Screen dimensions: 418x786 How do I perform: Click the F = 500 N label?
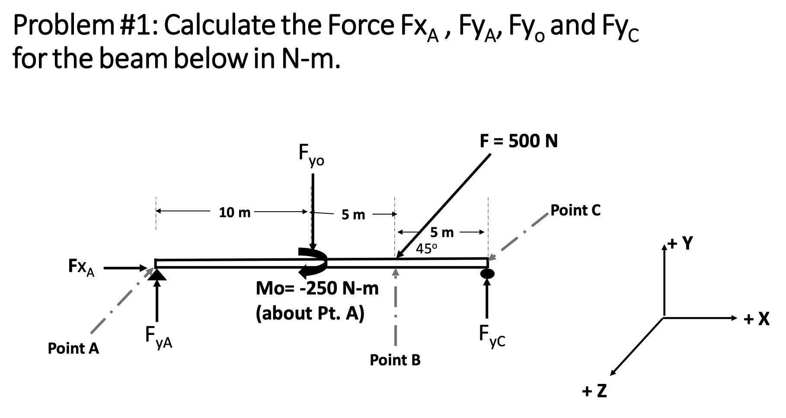518,141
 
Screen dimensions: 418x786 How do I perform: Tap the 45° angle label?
427,248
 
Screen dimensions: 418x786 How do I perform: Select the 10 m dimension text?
234,212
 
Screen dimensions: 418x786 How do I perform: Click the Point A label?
73,348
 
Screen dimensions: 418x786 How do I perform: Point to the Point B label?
395,360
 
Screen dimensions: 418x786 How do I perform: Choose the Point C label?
575,210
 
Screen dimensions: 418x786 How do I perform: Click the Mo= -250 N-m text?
317,288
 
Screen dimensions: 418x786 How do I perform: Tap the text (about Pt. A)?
310,313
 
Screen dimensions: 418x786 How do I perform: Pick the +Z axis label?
594,391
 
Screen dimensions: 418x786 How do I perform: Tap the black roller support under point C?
487,273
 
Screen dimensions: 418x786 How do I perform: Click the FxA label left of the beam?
82,267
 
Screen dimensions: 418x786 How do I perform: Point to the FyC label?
492,337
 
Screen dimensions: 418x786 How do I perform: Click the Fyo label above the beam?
311,156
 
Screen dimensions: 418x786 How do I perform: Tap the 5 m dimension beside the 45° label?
442,233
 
